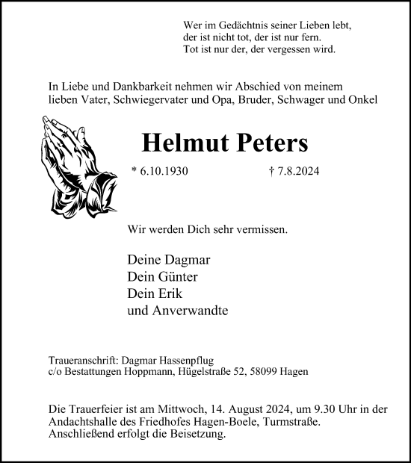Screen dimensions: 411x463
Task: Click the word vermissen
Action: pyautogui.click(x=260, y=232)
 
